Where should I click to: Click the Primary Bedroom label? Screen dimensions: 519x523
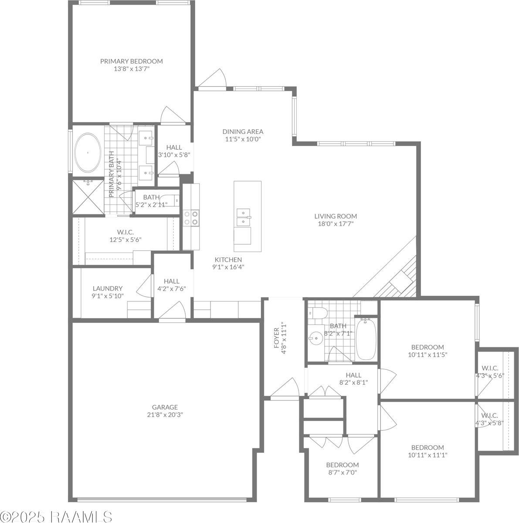click(x=132, y=61)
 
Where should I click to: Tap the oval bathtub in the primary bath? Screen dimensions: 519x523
click(x=88, y=153)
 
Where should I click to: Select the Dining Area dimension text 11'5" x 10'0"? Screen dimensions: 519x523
click(x=243, y=139)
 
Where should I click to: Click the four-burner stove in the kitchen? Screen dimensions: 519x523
click(x=191, y=218)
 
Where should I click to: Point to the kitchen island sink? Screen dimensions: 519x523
click(x=244, y=217)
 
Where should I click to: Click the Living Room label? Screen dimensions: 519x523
click(x=336, y=216)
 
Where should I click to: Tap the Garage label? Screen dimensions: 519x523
click(x=165, y=407)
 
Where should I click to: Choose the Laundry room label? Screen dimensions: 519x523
click(x=108, y=288)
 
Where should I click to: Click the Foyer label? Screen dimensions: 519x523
click(x=276, y=338)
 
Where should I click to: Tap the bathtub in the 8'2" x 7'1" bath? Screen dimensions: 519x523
click(x=366, y=339)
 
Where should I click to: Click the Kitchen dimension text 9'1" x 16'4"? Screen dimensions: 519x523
click(x=228, y=267)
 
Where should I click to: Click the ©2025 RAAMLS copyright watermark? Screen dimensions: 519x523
click(x=56, y=516)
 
